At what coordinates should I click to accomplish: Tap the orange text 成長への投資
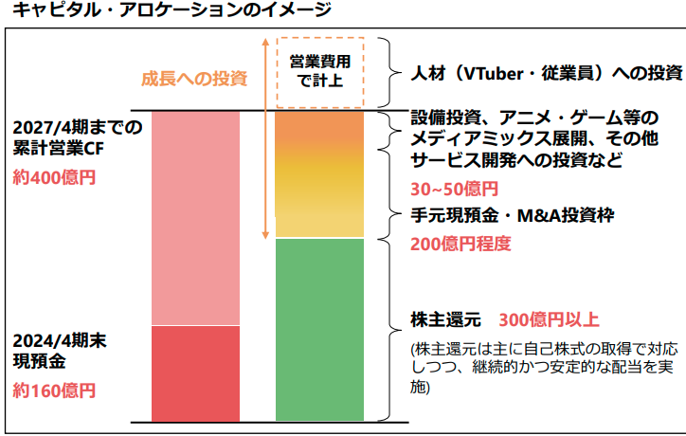click(194, 78)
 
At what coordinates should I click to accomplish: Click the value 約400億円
click(54, 177)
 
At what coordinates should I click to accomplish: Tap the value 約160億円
click(54, 390)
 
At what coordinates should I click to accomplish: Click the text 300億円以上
click(549, 318)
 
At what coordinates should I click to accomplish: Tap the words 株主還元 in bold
click(445, 318)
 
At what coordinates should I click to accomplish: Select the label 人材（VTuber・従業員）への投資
click(547, 72)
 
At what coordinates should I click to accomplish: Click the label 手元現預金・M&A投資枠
click(513, 215)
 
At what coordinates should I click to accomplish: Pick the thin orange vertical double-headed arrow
click(266, 138)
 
